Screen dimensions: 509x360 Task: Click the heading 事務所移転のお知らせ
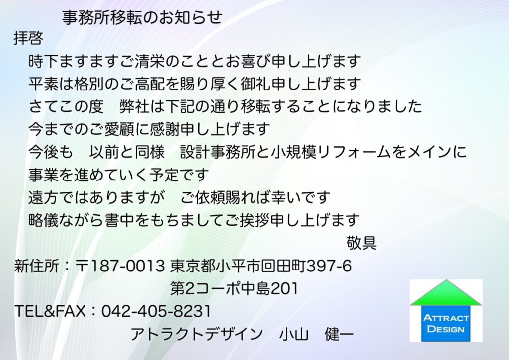pyautogui.click(x=142, y=17)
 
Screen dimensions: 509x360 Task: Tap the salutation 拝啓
pyautogui.click(x=28, y=38)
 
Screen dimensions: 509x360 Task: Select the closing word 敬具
pyautogui.click(x=361, y=243)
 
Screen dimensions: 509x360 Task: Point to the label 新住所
pyautogui.click(x=37, y=266)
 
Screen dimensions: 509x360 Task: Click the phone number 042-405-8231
pyautogui.click(x=156, y=311)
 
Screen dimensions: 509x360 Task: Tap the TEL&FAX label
pyautogui.click(x=50, y=311)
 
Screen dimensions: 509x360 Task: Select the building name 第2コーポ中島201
pyautogui.click(x=234, y=288)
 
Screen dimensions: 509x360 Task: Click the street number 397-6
pyautogui.click(x=329, y=266)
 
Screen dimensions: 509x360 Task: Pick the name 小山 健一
pyautogui.click(x=316, y=334)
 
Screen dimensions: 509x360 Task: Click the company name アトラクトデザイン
pyautogui.click(x=196, y=334)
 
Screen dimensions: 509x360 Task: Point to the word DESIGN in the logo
pyautogui.click(x=446, y=329)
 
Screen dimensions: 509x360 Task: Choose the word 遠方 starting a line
pyautogui.click(x=44, y=197)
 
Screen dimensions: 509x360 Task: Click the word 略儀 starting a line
pyautogui.click(x=44, y=220)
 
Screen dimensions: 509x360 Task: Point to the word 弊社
pyautogui.click(x=134, y=106)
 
